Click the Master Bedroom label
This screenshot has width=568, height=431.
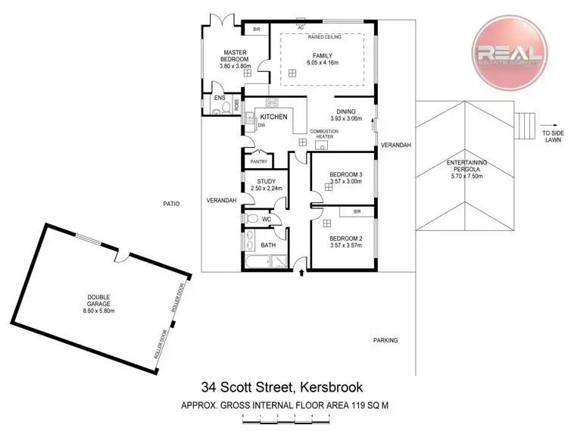click(x=235, y=56)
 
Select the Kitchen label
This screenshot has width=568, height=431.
click(x=273, y=117)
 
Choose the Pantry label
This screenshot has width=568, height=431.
click(x=257, y=161)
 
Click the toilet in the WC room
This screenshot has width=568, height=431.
click(x=252, y=219)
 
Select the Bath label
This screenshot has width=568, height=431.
click(x=268, y=245)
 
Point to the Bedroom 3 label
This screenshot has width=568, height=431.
click(x=345, y=175)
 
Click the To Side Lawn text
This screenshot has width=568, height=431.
click(x=552, y=137)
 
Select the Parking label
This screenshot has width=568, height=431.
click(x=385, y=340)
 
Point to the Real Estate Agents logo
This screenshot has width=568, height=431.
click(x=507, y=52)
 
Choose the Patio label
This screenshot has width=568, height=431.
click(x=170, y=203)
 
